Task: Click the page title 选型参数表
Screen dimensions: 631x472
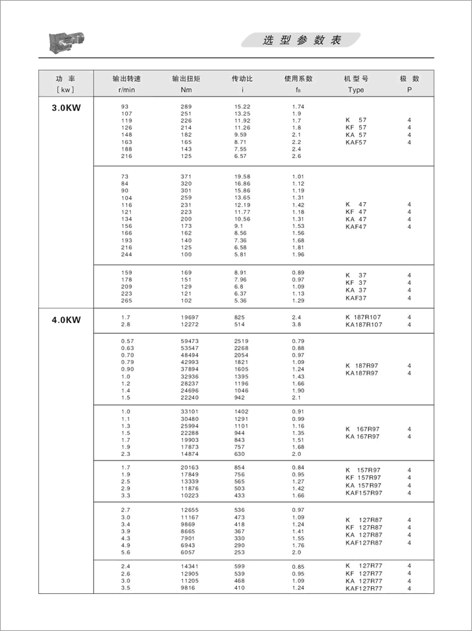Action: click(x=302, y=40)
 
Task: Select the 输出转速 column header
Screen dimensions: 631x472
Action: click(x=126, y=78)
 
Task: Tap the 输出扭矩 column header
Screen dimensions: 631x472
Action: click(x=186, y=78)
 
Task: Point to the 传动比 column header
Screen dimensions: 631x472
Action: click(x=242, y=78)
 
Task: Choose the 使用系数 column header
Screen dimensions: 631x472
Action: click(x=298, y=78)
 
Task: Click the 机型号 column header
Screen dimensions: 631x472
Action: click(x=356, y=78)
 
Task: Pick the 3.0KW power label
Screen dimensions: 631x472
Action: click(x=66, y=108)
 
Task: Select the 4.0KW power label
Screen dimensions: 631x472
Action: click(x=66, y=320)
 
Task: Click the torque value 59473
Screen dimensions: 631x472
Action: click(x=189, y=342)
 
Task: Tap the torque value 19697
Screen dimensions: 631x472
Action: click(x=189, y=317)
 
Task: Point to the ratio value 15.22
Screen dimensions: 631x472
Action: click(x=242, y=106)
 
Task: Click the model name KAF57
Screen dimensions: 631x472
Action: click(x=356, y=142)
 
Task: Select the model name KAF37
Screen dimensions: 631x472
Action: click(x=356, y=298)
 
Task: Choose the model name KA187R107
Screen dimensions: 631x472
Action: click(x=363, y=325)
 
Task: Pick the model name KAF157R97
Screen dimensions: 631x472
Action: click(x=363, y=493)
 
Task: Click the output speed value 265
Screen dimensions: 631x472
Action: click(x=126, y=301)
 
